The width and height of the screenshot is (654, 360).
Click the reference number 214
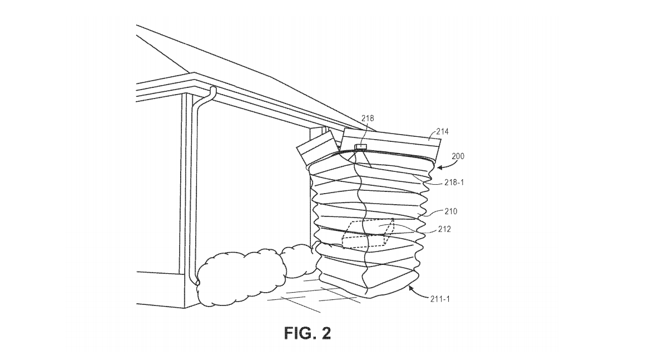point(442,132)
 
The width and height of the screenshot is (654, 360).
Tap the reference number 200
point(458,156)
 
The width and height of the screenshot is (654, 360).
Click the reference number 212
point(443,229)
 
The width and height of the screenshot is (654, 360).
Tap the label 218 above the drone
point(368,118)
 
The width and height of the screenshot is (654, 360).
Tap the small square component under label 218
point(361,147)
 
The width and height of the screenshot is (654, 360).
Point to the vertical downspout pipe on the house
point(194,189)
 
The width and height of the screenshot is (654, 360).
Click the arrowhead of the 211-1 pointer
point(410,288)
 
